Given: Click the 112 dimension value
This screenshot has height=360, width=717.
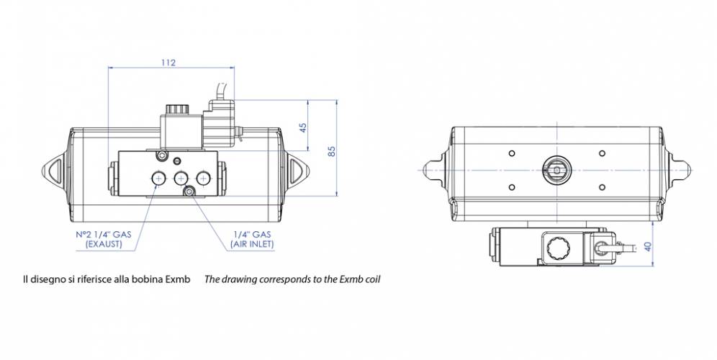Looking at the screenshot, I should point(167,63).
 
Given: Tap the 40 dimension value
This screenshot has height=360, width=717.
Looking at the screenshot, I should point(647,246).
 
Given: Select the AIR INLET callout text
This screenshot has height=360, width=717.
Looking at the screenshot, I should point(251,245).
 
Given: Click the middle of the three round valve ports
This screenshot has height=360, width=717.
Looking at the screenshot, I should point(180,178).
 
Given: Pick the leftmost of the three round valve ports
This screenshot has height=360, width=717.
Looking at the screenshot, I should point(157,178).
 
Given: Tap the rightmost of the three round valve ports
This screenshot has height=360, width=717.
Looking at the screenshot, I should point(204,178).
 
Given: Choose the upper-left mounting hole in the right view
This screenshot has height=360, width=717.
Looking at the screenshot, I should point(511,153).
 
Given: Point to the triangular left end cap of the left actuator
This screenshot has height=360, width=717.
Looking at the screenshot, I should point(57,170).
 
